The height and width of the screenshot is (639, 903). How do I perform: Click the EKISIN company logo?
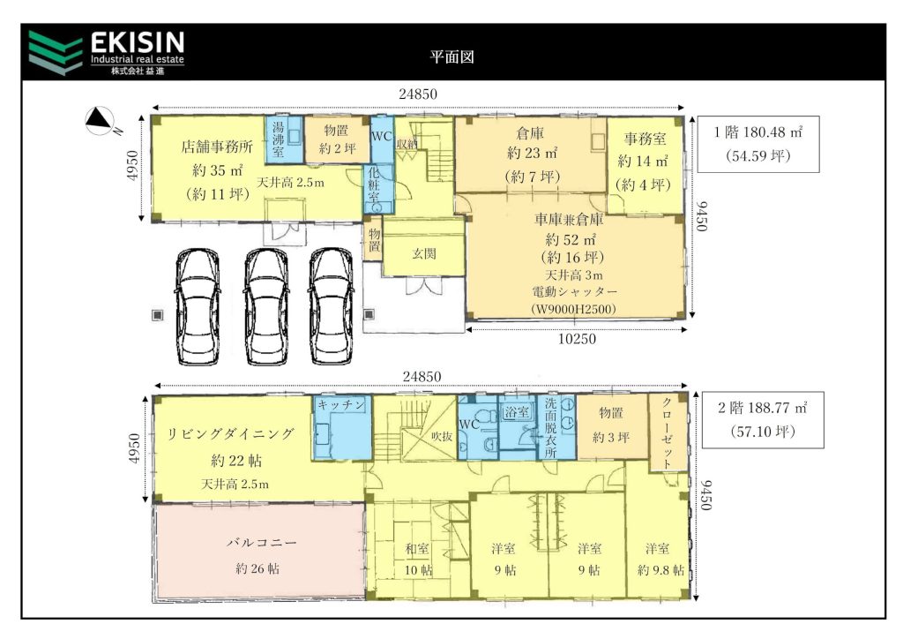(x=107, y=53)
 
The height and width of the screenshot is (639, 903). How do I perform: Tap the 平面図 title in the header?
(x=451, y=56)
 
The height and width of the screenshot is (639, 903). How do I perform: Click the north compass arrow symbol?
(x=99, y=120)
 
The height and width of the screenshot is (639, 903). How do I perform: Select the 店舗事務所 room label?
(x=217, y=147)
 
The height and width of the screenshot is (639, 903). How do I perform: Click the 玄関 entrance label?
(x=424, y=253)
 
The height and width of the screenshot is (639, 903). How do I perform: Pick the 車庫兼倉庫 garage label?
(x=569, y=220)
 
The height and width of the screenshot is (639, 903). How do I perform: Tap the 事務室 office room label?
(x=645, y=139)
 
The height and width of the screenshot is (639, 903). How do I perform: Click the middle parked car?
(x=265, y=306)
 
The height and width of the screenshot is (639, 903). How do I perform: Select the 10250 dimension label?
(x=577, y=339)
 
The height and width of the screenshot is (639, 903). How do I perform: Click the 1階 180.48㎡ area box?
(x=757, y=144)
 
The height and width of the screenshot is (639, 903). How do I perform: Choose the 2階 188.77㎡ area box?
(x=763, y=419)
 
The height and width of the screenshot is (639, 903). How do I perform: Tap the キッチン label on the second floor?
(x=341, y=405)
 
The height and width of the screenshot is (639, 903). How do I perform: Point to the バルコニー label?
(x=261, y=543)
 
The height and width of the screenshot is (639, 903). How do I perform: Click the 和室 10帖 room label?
(x=418, y=559)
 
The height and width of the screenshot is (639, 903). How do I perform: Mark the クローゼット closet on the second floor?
(x=667, y=433)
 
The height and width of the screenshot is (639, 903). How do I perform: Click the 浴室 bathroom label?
(x=516, y=411)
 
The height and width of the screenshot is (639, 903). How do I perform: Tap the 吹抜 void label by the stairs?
(x=441, y=437)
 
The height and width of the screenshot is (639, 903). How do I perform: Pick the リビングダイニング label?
(x=230, y=434)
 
